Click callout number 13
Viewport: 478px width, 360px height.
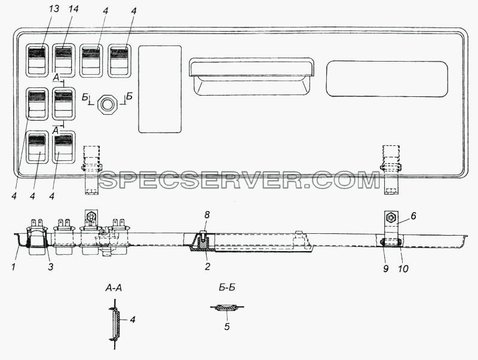(54, 8)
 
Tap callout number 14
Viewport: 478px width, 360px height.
(73, 8)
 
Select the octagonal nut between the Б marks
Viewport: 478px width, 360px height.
(106, 104)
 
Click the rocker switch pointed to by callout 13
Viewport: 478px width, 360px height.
(36, 60)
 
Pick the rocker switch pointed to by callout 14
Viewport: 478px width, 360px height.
(63, 60)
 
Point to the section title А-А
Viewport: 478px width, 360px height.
(114, 288)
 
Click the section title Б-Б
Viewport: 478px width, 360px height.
(227, 288)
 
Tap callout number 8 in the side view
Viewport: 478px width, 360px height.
(207, 215)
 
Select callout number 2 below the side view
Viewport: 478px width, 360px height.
(207, 266)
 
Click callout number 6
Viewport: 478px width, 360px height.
(413, 216)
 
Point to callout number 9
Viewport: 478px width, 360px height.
(385, 269)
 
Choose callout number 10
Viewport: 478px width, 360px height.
(403, 269)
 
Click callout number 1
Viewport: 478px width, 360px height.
(13, 267)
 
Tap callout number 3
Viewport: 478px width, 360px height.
(51, 267)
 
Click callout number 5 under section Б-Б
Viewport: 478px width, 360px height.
(227, 327)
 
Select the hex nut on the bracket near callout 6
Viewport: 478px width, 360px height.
(390, 218)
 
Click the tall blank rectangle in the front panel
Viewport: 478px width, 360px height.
(160, 89)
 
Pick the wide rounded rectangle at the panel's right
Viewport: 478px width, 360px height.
(387, 79)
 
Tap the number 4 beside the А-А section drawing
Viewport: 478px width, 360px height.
(132, 320)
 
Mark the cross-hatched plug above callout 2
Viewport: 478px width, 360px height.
(201, 243)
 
